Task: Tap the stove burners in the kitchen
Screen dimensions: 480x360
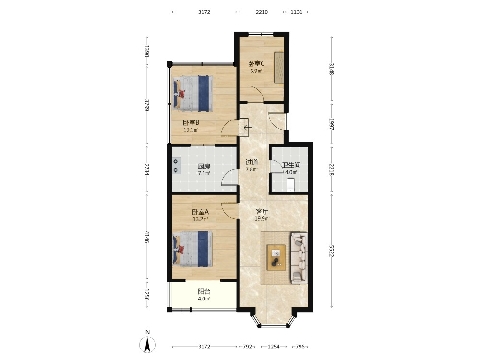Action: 176,166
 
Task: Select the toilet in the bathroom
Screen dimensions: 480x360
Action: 290,185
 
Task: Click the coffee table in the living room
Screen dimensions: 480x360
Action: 276,257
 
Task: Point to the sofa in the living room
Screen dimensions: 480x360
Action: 299,258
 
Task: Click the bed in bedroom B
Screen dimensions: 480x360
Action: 193,94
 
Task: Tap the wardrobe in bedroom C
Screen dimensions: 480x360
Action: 279,67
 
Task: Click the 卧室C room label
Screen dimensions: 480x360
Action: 256,64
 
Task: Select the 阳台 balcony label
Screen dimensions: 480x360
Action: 204,292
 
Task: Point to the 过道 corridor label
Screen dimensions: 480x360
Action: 252,162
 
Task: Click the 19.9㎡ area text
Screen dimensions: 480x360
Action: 263,218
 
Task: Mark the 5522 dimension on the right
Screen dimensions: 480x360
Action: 331,251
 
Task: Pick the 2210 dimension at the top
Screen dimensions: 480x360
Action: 262,12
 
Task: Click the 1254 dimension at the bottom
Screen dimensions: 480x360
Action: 274,347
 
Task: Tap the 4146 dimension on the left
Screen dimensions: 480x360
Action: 147,237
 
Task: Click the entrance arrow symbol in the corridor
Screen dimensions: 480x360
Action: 248,127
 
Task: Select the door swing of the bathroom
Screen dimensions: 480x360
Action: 276,167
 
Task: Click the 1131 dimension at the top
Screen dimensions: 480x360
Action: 296,12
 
